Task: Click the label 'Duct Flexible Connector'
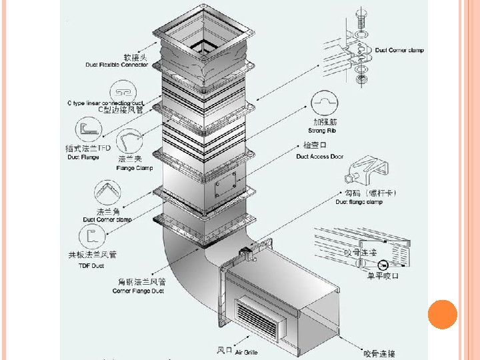pos(117,65)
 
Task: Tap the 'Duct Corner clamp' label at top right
pos(399,50)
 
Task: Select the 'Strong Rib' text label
pos(323,131)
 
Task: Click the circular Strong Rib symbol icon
pos(323,103)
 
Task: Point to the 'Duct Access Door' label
pos(320,157)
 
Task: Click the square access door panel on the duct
pos(227,181)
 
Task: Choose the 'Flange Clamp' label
pos(135,168)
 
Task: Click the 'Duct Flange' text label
pos(83,157)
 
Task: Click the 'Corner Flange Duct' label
pos(139,291)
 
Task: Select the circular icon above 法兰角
pos(107,193)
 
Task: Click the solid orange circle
pos(442,315)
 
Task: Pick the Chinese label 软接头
pos(135,57)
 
